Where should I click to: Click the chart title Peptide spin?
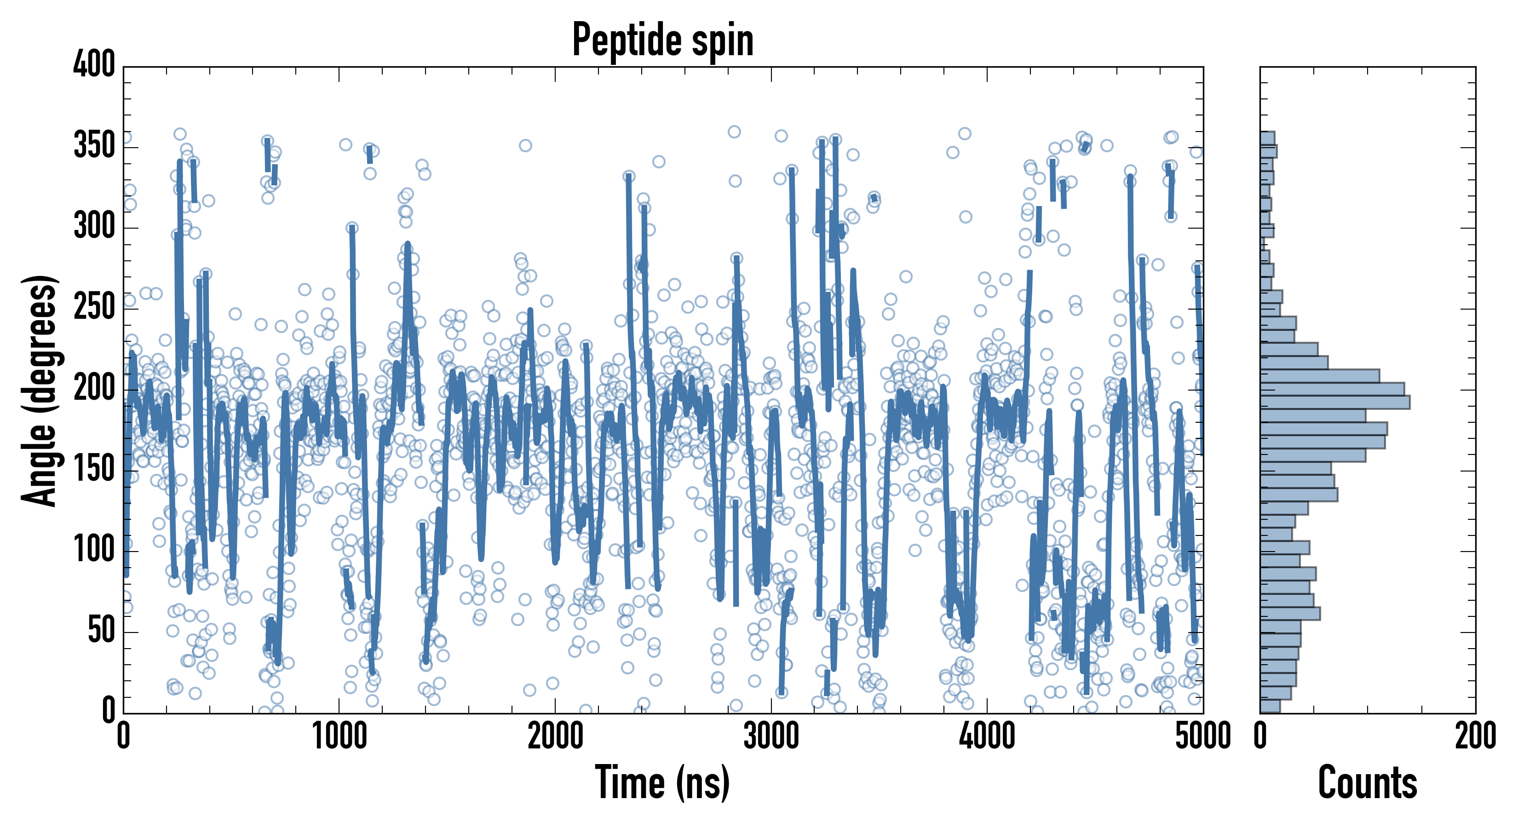click(663, 40)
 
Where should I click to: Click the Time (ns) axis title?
click(663, 782)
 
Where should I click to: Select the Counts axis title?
click(1367, 782)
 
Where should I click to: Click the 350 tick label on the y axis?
click(94, 145)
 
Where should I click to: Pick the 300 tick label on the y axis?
click(94, 226)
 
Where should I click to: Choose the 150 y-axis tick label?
click(94, 469)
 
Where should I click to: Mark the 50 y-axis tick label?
click(101, 631)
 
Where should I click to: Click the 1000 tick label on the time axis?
click(339, 736)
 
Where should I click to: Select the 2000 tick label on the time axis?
click(555, 736)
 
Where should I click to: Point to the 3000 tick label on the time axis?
click(771, 736)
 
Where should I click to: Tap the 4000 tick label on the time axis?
click(987, 736)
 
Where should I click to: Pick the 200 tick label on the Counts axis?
click(1475, 736)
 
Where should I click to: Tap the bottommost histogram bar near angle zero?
click(1270, 706)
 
